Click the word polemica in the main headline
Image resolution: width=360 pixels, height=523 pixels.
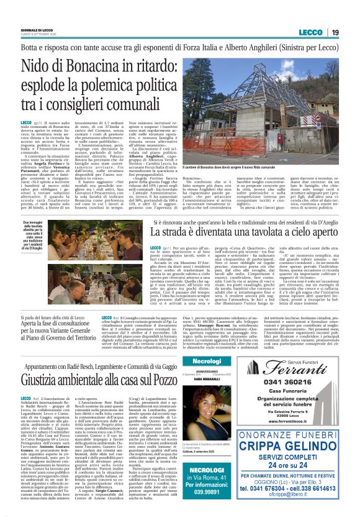(x=136, y=87)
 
